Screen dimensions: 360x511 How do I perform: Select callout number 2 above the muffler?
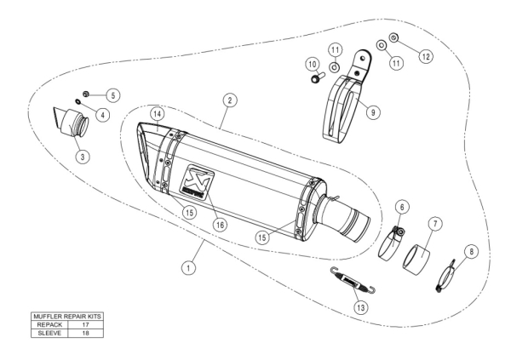[229, 100]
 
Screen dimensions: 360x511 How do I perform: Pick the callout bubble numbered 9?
[370, 110]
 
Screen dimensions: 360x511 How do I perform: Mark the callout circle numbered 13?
[362, 306]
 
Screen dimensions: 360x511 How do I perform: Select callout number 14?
[157, 113]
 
